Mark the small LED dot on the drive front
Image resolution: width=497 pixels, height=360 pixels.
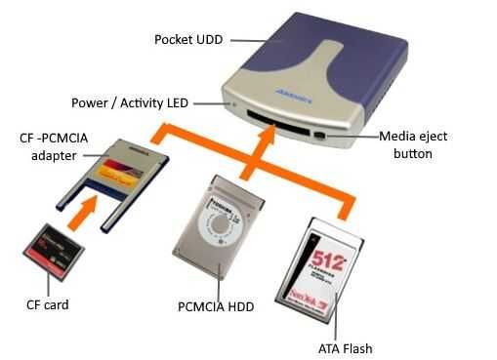230,101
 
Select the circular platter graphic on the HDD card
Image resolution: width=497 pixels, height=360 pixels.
218,221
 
